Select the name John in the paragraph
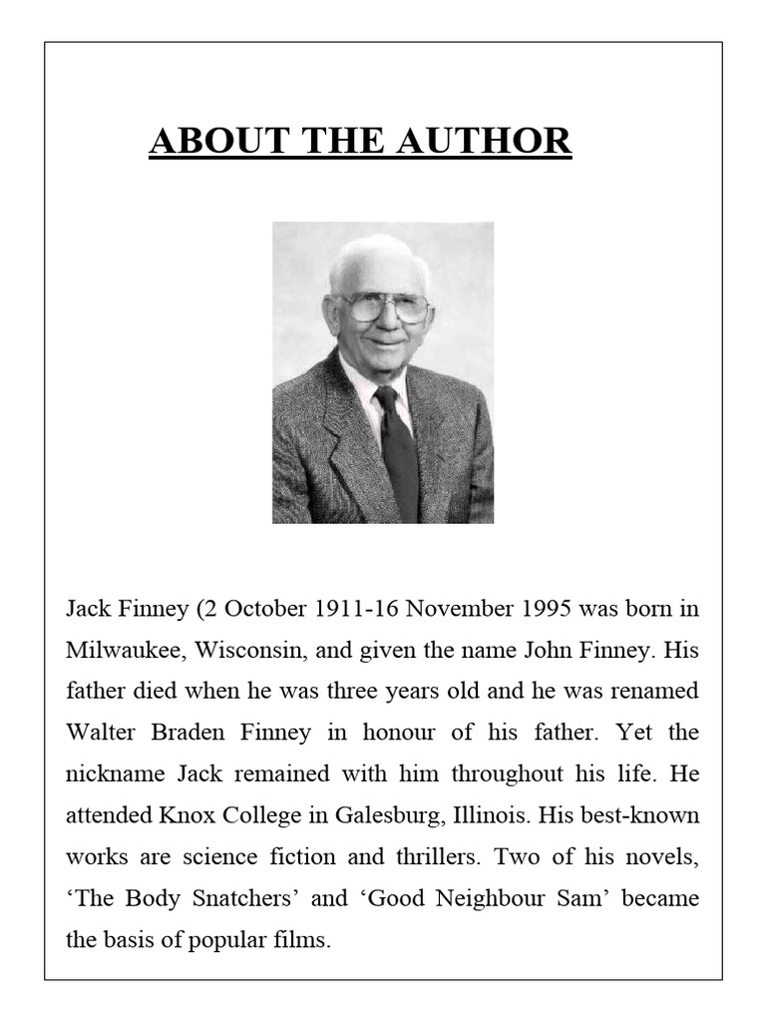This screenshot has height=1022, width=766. pyautogui.click(x=548, y=649)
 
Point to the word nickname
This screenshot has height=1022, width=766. pyautogui.click(x=110, y=773)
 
